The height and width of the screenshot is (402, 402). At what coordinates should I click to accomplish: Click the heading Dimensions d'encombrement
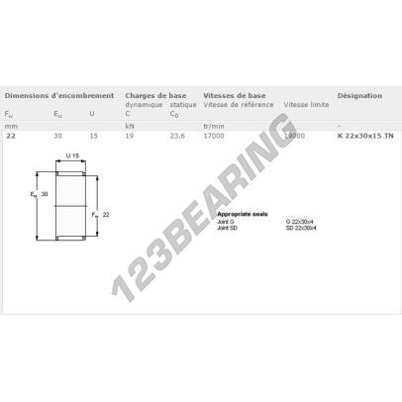pyautogui.click(x=50, y=96)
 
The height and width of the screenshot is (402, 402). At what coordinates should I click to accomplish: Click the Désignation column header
pyautogui.click(x=358, y=96)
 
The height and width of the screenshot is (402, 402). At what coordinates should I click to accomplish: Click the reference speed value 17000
pyautogui.click(x=213, y=135)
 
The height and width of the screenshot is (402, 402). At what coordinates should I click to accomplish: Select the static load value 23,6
pyautogui.click(x=178, y=135)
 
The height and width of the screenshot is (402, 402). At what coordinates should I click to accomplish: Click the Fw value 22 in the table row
pyautogui.click(x=11, y=135)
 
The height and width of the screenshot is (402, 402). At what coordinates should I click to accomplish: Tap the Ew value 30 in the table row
pyautogui.click(x=57, y=135)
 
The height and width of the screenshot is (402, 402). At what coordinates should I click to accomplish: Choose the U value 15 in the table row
pyautogui.click(x=92, y=135)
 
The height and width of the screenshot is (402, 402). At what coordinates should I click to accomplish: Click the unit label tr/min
pyautogui.click(x=213, y=126)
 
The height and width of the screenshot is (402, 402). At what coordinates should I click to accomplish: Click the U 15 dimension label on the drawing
pyautogui.click(x=72, y=157)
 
